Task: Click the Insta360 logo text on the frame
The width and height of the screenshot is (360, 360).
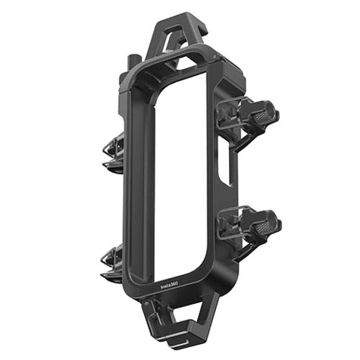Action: (x=170, y=285)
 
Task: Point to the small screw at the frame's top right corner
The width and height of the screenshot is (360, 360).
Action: (x=214, y=57)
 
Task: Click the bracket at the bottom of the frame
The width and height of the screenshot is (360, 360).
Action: (x=177, y=321)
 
